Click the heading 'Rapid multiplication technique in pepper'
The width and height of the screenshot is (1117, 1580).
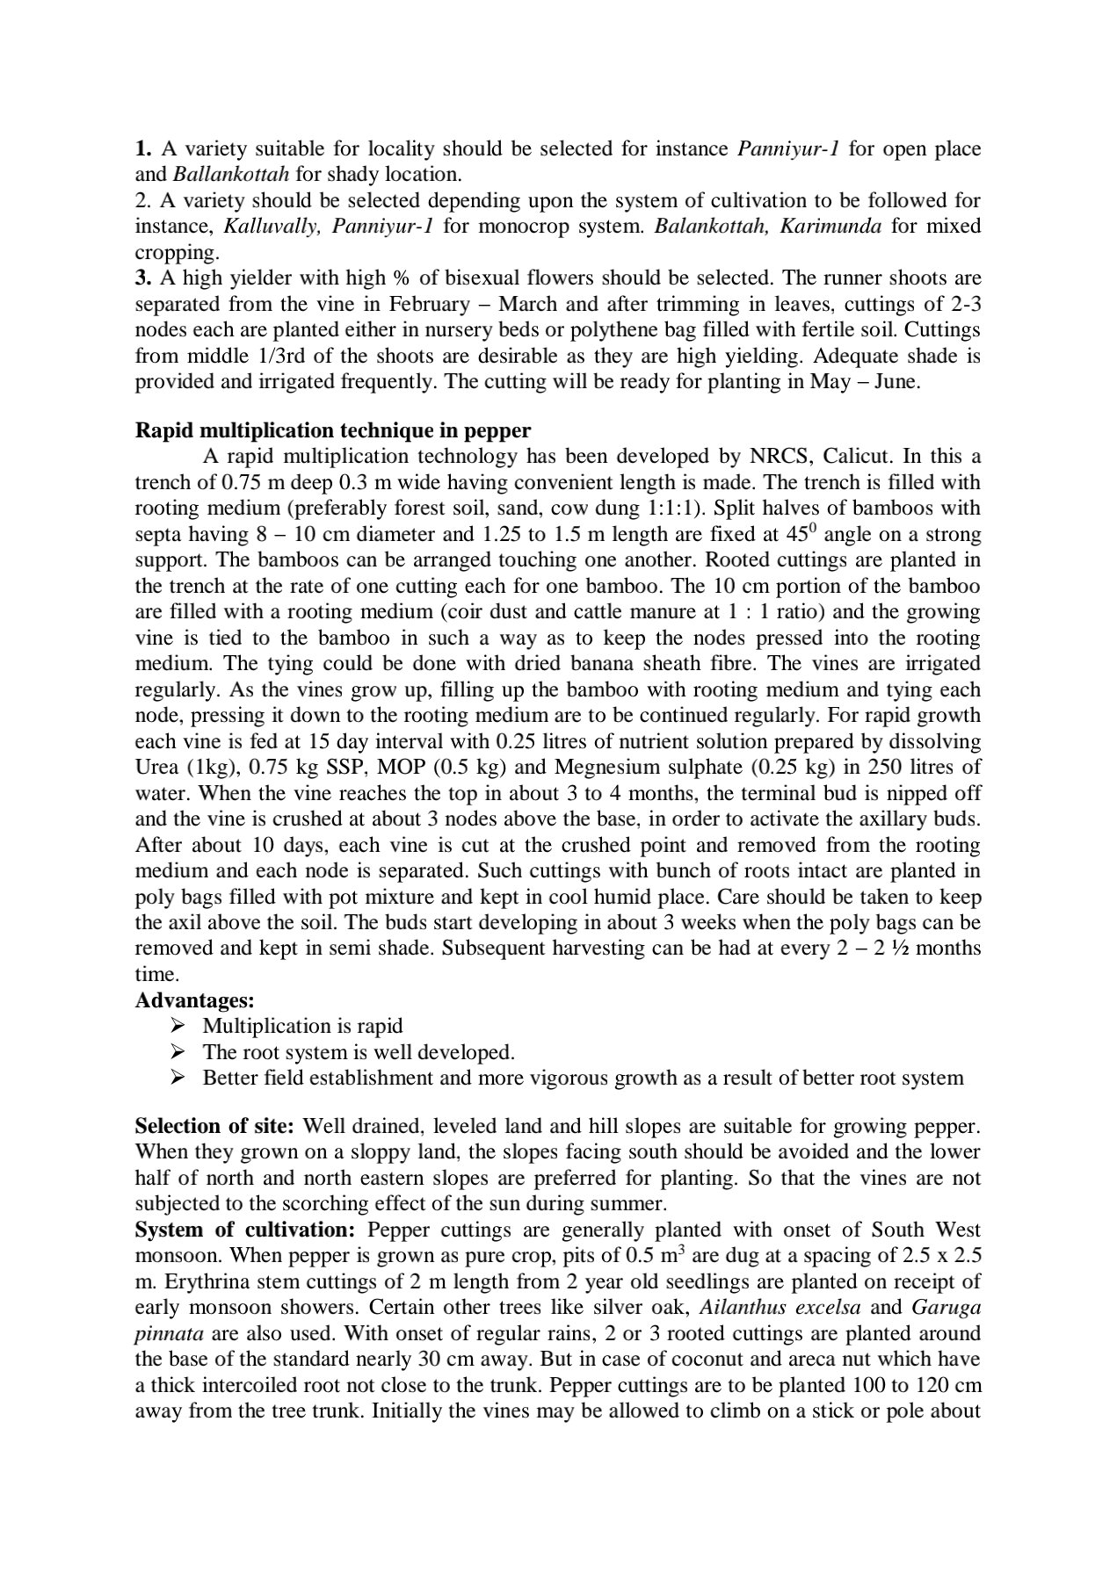click(x=333, y=430)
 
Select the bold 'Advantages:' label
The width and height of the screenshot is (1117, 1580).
click(x=194, y=1000)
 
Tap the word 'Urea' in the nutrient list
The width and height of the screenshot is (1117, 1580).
click(x=156, y=767)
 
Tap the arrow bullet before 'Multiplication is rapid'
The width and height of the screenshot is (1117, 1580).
click(x=178, y=1026)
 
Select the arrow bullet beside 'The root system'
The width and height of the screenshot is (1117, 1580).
click(x=178, y=1052)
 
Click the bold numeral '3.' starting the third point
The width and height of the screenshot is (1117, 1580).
click(x=144, y=278)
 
